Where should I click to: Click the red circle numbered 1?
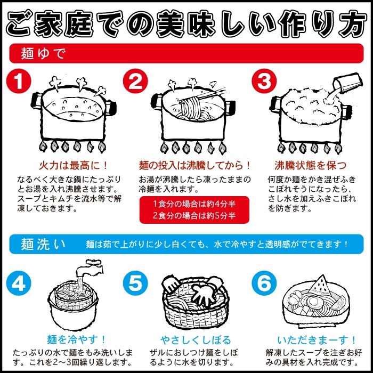(19, 81)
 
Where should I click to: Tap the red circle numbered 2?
(135, 81)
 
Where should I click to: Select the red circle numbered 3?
(264, 81)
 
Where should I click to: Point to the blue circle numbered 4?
(19, 283)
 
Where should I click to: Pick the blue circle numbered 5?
(135, 283)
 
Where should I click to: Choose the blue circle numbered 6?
(264, 283)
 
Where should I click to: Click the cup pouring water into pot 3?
(348, 84)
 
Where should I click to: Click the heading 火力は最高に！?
(74, 165)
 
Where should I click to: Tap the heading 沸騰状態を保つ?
(310, 165)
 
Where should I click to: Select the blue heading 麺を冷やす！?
(76, 339)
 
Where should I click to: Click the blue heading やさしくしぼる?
(196, 340)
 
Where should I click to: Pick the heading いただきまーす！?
(317, 340)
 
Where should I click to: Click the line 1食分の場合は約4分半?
(194, 204)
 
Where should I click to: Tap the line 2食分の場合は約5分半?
(194, 215)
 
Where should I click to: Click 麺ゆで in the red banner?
(43, 53)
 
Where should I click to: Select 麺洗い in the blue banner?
(43, 244)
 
